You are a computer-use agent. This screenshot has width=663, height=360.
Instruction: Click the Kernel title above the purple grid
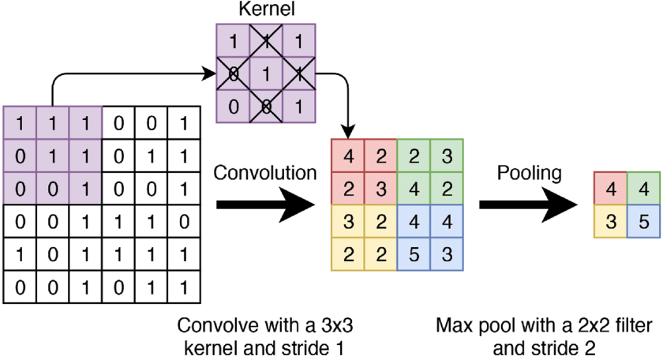[x=267, y=9]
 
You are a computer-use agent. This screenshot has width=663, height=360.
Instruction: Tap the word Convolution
[x=265, y=173]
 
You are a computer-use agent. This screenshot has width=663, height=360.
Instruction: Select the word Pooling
[x=529, y=173]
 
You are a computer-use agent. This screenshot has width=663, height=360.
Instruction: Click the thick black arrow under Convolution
[x=266, y=205]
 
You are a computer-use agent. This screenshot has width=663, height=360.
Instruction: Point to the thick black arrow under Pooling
[x=528, y=205]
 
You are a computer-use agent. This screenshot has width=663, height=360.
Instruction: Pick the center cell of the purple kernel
[x=266, y=73]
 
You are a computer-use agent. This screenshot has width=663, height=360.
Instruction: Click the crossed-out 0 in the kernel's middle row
[x=233, y=73]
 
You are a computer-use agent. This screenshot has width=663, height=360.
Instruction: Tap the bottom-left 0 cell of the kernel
[x=233, y=107]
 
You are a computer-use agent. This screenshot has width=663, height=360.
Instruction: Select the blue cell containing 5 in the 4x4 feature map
[x=414, y=254]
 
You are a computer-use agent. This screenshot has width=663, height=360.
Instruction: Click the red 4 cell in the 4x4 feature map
[x=348, y=156]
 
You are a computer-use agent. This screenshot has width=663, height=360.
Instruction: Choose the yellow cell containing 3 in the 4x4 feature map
[x=348, y=222]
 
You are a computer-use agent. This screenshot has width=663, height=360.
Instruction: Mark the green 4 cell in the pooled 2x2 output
[x=643, y=189]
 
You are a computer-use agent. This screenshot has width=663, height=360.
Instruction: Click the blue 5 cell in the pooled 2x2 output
[x=643, y=221]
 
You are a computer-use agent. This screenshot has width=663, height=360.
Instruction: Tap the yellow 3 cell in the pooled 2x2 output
[x=611, y=221]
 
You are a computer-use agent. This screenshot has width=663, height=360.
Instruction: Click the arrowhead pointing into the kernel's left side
[x=210, y=73]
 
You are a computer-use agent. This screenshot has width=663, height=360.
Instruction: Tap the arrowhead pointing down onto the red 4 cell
[x=348, y=133]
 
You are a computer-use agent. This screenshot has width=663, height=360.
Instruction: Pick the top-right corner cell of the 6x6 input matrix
[x=184, y=123]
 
